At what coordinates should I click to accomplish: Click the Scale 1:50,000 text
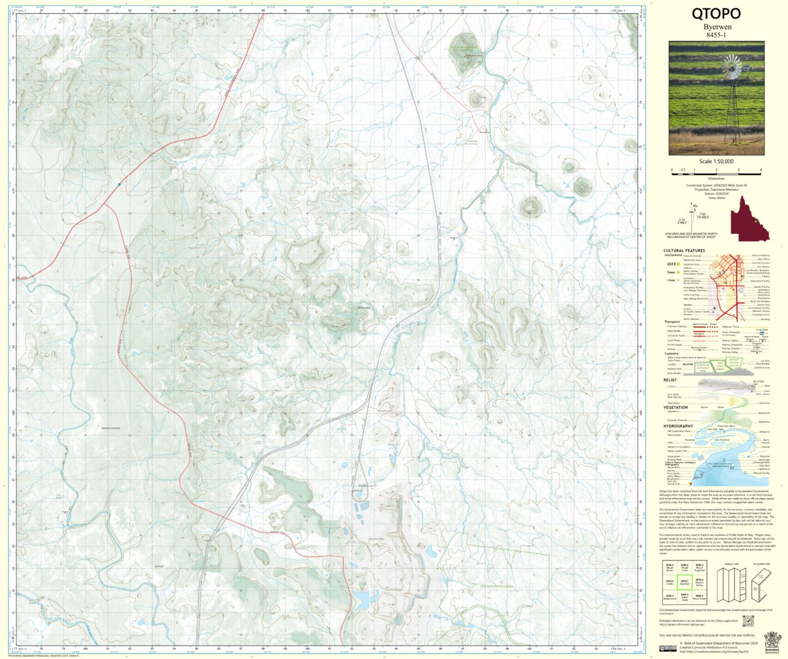tap(716, 161)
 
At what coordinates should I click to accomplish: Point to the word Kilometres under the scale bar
tap(716, 178)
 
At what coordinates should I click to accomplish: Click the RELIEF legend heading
tap(670, 380)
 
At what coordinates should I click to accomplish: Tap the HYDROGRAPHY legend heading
tap(679, 425)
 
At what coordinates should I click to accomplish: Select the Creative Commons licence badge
tap(668, 648)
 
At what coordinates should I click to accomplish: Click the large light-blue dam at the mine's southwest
tap(360, 597)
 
